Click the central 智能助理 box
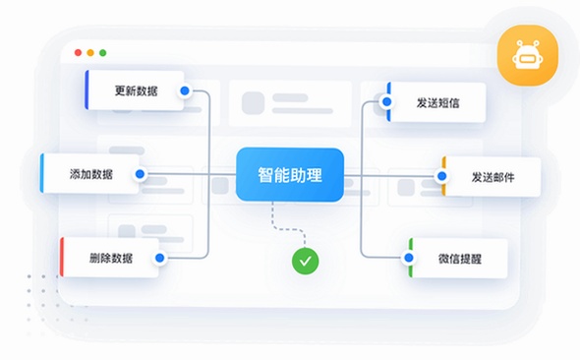click(x=290, y=175)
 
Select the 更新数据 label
click(x=136, y=90)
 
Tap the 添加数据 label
click(x=91, y=174)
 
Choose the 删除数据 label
click(x=111, y=258)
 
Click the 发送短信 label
click(x=438, y=103)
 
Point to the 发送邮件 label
click(x=493, y=177)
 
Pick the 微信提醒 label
click(x=460, y=259)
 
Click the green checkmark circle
click(x=305, y=262)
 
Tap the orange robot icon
click(x=528, y=55)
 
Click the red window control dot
click(x=78, y=52)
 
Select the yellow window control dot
click(x=90, y=52)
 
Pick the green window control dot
click(x=103, y=52)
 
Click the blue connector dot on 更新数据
click(x=185, y=90)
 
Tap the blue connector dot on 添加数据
click(x=140, y=174)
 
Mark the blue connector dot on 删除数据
click(x=160, y=258)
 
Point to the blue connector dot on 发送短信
click(x=387, y=101)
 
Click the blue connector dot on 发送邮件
click(x=441, y=176)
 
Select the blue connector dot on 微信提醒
click(x=409, y=258)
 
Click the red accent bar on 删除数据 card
click(x=62, y=257)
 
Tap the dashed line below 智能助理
click(x=289, y=229)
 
